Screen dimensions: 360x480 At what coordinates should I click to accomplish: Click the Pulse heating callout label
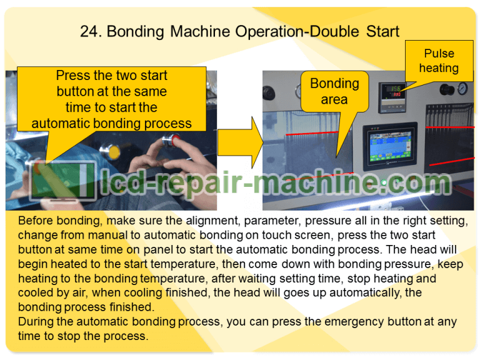point(439,61)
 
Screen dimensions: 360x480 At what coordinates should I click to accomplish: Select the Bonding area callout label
point(334,91)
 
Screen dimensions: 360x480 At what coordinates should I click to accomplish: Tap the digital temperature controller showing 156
point(391,94)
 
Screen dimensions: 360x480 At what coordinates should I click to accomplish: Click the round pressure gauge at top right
point(463,87)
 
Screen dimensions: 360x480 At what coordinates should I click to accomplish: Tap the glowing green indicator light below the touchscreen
point(385,182)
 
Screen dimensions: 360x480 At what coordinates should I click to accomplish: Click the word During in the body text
point(36,322)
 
